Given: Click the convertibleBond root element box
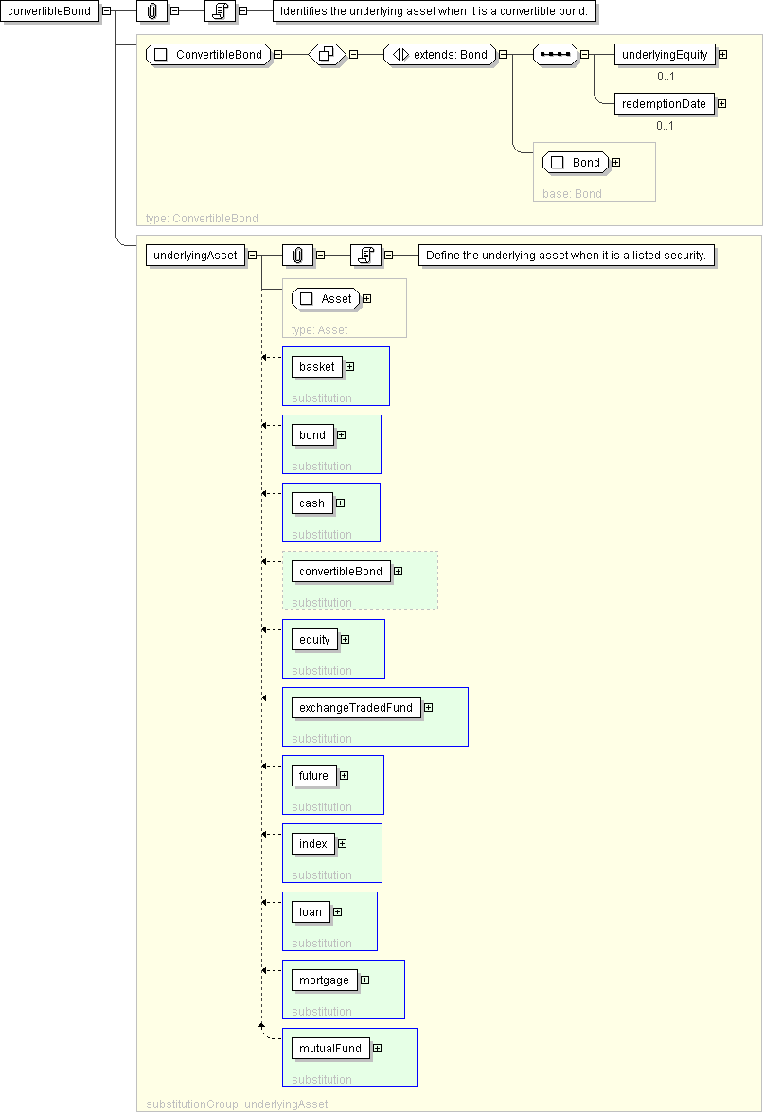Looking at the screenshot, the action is pos(49,11).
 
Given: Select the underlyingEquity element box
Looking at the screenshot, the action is pos(665,55).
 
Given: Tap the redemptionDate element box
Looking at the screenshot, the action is pos(664,104).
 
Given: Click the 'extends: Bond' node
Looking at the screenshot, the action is pos(439,55).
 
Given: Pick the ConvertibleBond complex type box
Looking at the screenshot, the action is pos(208,55).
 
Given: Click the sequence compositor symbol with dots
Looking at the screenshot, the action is pos(555,55).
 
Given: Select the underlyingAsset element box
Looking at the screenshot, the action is pos(195,256).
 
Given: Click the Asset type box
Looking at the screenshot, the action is pos(326,299).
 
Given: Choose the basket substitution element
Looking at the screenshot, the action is pos(316,367).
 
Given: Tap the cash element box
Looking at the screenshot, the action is pos(311,503).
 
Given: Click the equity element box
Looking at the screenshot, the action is pos(314,640).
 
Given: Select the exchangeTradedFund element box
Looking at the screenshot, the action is pos(356,708).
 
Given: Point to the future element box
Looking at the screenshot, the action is pos(314,776).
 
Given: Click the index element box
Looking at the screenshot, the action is pos(313,844).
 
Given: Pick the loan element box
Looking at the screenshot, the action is pos(311,912).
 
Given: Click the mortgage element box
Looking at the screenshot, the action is pos(325,980).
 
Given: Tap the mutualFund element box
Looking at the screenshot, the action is pos(330,1049).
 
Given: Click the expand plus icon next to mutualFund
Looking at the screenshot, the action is pos(378,1049).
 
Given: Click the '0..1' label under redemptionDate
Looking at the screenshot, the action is pos(666,126).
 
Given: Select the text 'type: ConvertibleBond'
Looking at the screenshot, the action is pos(202,218).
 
